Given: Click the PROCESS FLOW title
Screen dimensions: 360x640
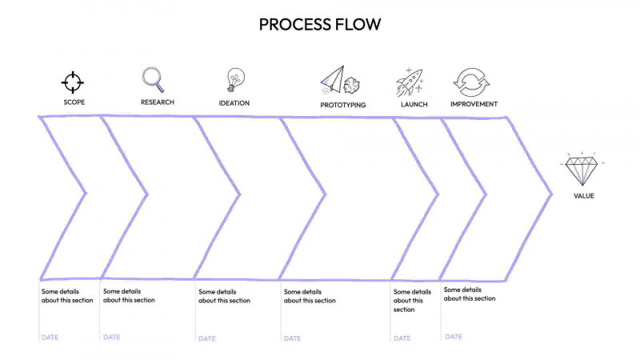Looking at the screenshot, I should [320, 25].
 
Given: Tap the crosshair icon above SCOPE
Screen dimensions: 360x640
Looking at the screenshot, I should [73, 82].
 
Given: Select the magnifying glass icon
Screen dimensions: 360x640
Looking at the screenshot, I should [153, 79].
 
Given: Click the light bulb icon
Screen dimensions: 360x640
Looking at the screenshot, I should [234, 79].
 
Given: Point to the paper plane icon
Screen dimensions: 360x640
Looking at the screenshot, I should [334, 79].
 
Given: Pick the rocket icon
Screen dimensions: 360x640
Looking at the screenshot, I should [409, 82].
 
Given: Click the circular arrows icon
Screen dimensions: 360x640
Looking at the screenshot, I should [470, 82].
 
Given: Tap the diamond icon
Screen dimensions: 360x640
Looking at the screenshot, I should [582, 169].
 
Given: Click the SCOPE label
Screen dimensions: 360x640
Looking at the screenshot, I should [74, 102].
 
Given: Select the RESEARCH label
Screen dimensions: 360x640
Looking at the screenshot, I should [158, 102].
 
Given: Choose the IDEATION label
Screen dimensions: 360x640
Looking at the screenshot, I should [234, 103].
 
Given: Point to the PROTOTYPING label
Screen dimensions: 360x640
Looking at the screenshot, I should [343, 105].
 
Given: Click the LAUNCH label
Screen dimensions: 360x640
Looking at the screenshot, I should [414, 104].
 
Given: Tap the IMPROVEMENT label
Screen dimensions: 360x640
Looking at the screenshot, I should [474, 104].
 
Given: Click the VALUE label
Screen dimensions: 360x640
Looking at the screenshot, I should [584, 196].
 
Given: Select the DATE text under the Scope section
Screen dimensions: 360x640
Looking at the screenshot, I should [50, 338].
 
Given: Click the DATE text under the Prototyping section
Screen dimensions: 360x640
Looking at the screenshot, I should [292, 338].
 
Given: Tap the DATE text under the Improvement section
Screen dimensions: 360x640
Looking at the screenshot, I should [454, 338].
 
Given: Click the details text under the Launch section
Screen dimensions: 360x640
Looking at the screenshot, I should [412, 301].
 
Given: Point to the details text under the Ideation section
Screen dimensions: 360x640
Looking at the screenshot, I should [224, 297].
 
